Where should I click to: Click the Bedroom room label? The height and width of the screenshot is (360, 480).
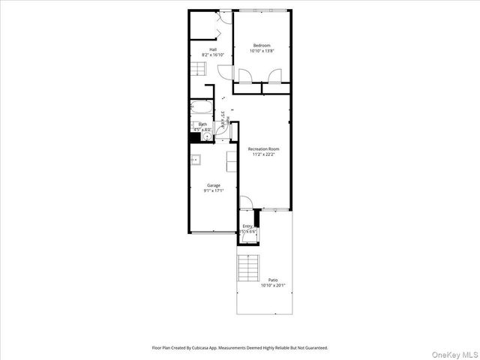pos(261,45)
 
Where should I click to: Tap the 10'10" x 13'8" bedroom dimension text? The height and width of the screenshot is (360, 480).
pos(261,51)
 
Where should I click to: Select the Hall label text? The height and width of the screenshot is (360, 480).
pos(213,49)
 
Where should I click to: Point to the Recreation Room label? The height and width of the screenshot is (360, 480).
pos(263,148)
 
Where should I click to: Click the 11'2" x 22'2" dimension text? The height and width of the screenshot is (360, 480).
pos(263,154)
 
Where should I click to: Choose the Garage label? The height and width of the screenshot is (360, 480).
pos(213,185)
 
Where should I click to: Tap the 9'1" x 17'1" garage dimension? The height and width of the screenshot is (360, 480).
pos(213,191)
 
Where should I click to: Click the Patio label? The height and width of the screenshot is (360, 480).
pos(273,280)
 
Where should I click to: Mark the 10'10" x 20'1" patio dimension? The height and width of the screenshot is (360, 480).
pos(273,286)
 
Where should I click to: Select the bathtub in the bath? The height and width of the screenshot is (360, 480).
pos(201,109)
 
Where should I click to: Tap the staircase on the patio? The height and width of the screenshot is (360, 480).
pos(248,267)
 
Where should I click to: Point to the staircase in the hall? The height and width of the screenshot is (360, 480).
pos(197,70)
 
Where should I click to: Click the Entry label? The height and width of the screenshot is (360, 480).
pos(247,226)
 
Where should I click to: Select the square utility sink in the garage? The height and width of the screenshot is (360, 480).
pos(195,159)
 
